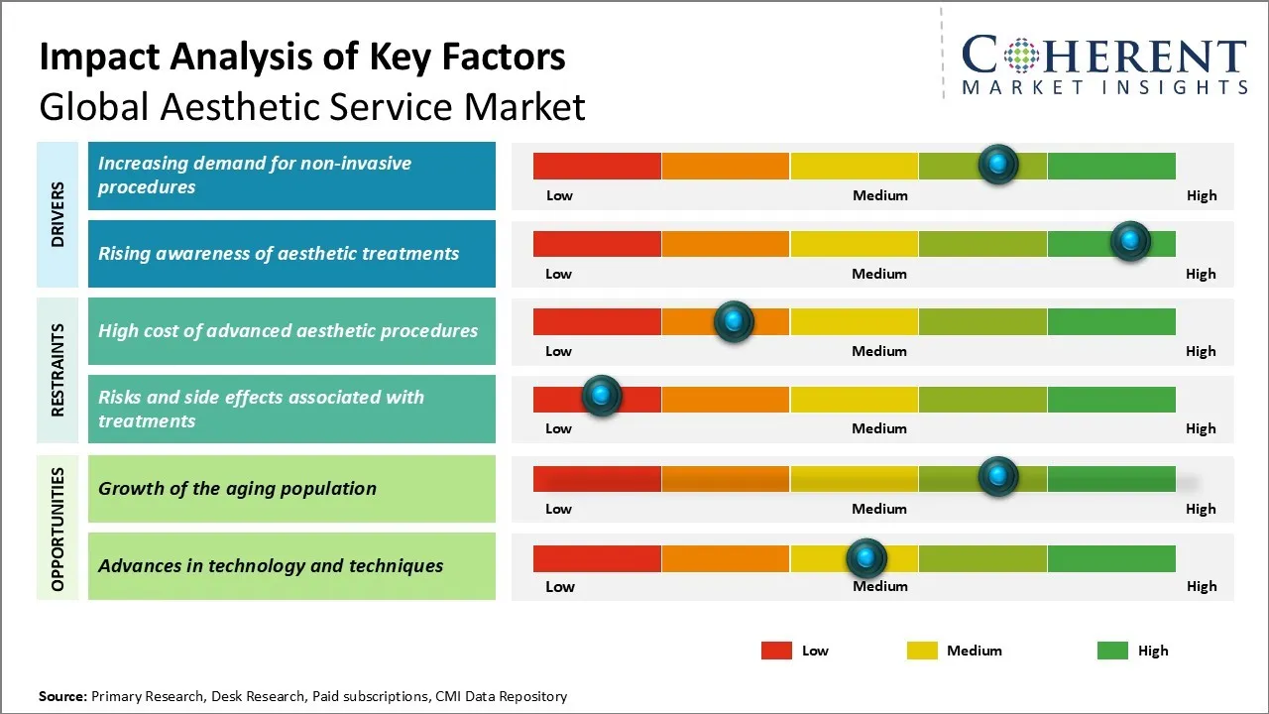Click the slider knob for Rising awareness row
coord(1129,241)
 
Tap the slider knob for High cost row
coord(734,321)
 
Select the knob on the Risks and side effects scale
coord(601,397)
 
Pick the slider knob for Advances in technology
coord(866,558)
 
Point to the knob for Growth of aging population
coord(997,477)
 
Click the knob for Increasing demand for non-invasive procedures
coord(997,164)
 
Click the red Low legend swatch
coord(776,651)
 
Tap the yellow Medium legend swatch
coord(922,651)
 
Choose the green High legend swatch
coord(1112,651)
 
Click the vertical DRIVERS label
coord(58,214)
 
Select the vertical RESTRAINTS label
coord(58,370)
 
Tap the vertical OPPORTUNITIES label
coord(58,529)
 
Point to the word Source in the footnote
coord(62,696)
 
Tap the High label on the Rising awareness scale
coord(1201,274)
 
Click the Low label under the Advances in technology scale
coord(559,586)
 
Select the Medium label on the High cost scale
coord(879,351)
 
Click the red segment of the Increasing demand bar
coord(597,166)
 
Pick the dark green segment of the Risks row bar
coord(1110,400)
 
